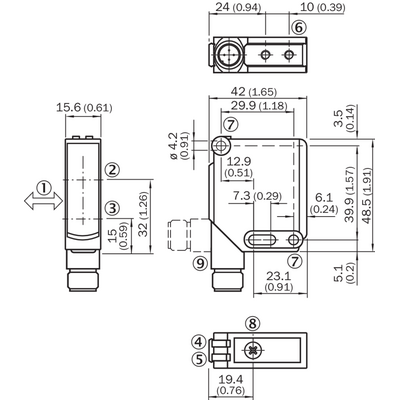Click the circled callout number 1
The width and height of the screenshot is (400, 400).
click(43, 188)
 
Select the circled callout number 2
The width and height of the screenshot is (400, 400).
click(112, 170)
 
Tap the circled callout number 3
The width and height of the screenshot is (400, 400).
click(112, 209)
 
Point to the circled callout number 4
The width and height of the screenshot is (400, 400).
click(199, 342)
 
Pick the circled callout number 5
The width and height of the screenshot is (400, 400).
click(199, 360)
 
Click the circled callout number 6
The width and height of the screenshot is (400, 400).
click(299, 27)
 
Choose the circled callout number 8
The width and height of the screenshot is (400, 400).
click(253, 323)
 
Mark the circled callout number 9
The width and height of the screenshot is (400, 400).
click(200, 264)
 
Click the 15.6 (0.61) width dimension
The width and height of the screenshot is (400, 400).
click(84, 108)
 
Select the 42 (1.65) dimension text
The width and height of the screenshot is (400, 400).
click(254, 91)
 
